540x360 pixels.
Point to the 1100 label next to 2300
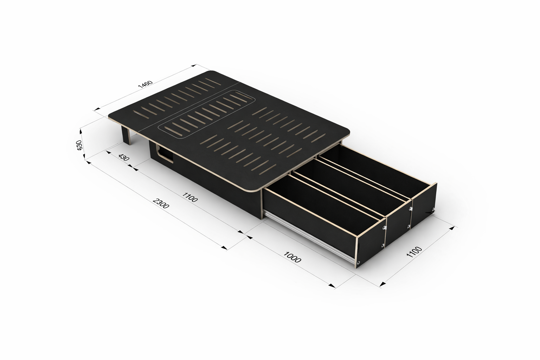(x=190, y=197)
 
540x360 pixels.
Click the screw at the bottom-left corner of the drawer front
(x=358, y=263)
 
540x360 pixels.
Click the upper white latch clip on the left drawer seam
(x=385, y=229)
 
